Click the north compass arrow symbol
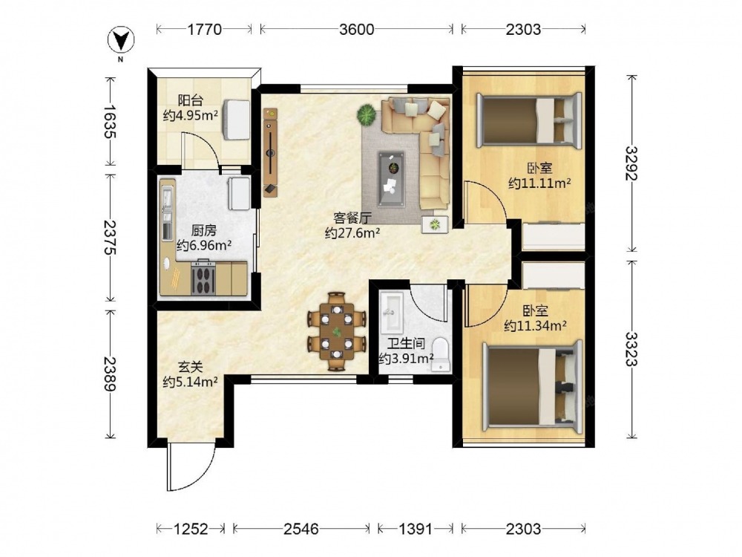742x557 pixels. (x=121, y=40)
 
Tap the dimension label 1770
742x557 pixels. (x=205, y=30)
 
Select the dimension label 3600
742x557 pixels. (x=356, y=30)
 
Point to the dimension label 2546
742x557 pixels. (x=301, y=529)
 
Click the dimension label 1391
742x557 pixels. (x=416, y=529)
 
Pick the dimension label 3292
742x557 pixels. (x=631, y=163)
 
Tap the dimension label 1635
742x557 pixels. (x=110, y=121)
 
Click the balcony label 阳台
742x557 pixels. (x=190, y=101)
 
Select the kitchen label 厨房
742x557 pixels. (x=203, y=231)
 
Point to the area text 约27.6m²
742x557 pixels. (x=352, y=233)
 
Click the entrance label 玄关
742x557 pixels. (x=190, y=367)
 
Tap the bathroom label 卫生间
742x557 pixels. (x=406, y=344)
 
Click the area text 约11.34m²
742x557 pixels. (x=536, y=326)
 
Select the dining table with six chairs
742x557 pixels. (x=336, y=331)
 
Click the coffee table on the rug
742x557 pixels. (x=391, y=179)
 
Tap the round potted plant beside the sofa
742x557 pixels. (x=367, y=114)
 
